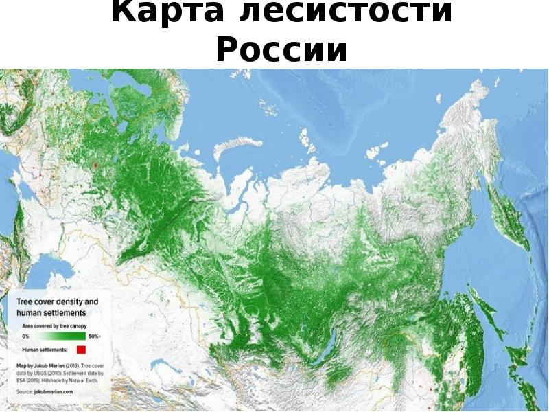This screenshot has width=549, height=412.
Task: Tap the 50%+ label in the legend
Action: (x=94, y=336)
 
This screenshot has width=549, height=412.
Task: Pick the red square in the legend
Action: (x=81, y=350)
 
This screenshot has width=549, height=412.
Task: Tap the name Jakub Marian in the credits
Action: (x=49, y=365)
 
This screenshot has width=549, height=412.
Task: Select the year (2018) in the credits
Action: (x=71, y=365)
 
